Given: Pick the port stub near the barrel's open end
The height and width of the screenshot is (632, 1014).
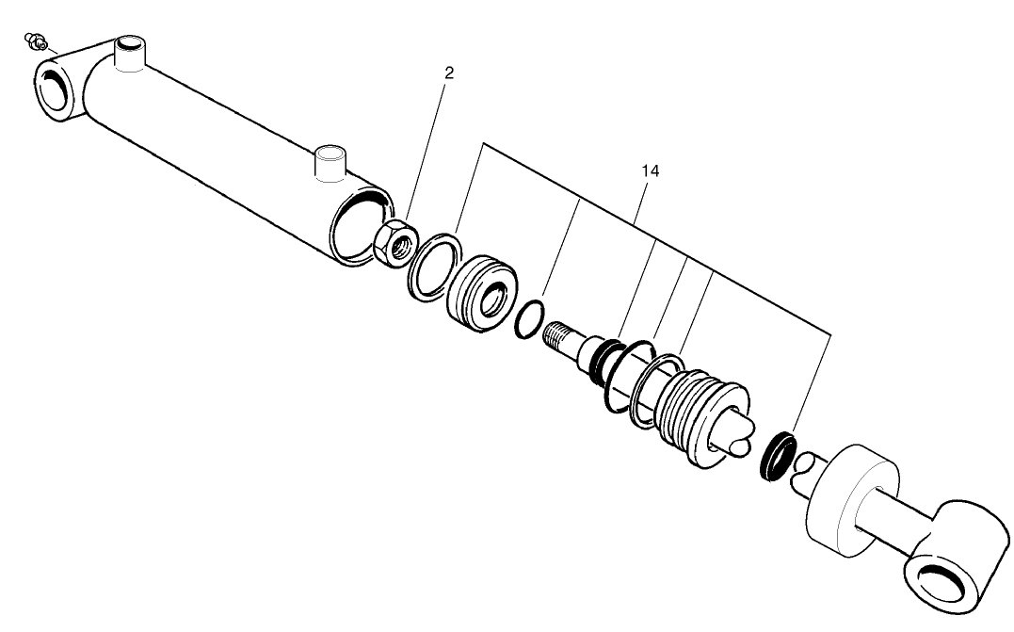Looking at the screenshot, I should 330,161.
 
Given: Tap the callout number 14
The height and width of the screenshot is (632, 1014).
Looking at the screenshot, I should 649,170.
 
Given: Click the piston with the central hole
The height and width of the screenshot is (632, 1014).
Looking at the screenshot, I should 481,295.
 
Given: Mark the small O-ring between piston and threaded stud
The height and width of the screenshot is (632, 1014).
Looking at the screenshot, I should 529,321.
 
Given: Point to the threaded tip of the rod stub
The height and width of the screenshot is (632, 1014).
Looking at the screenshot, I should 558,334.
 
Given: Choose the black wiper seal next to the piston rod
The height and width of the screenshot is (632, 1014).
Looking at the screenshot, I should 778,456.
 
